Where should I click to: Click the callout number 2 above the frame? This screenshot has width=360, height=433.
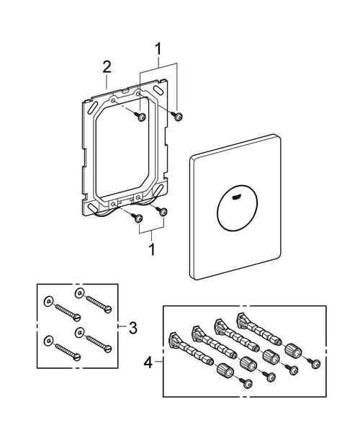coord(107,67)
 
